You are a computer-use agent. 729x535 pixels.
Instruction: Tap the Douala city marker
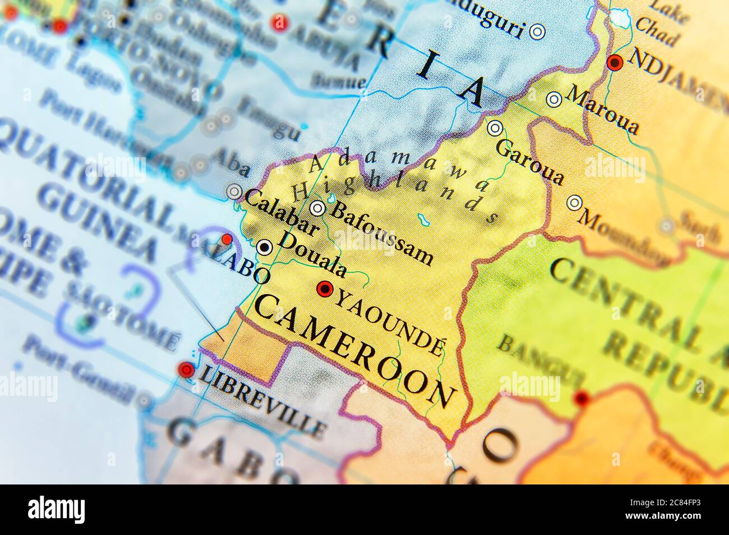(264, 246)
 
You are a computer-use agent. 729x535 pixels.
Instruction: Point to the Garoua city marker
(495, 128)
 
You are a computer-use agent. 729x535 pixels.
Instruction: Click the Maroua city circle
(554, 99)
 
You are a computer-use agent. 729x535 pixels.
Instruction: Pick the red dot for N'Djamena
(616, 62)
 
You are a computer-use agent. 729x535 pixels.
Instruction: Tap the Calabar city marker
(234, 192)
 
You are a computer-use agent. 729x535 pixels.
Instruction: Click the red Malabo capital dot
(227, 240)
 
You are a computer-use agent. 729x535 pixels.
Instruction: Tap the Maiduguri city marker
(538, 32)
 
